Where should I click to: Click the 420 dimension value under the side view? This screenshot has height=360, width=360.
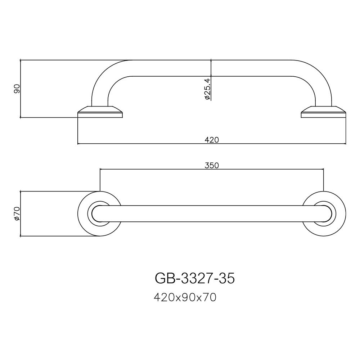(212, 140)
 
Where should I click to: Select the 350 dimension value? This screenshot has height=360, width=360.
(212, 165)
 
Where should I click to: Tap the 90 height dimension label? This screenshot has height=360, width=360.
(17, 89)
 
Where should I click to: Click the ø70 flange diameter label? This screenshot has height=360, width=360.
(16, 213)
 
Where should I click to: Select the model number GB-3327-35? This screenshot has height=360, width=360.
(194, 278)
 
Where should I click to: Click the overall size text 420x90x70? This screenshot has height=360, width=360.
(185, 297)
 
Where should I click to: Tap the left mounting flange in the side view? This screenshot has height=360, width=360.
(100, 112)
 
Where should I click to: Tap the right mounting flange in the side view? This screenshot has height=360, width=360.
(323, 112)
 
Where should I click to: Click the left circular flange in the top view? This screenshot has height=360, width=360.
(85, 213)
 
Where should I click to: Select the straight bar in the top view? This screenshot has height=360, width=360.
(212, 213)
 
